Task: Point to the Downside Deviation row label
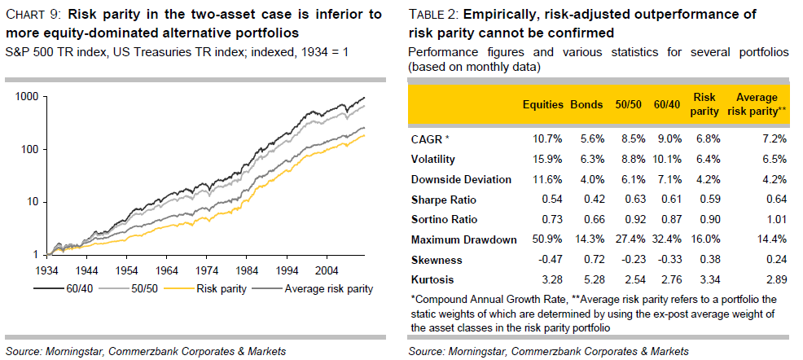462,179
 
